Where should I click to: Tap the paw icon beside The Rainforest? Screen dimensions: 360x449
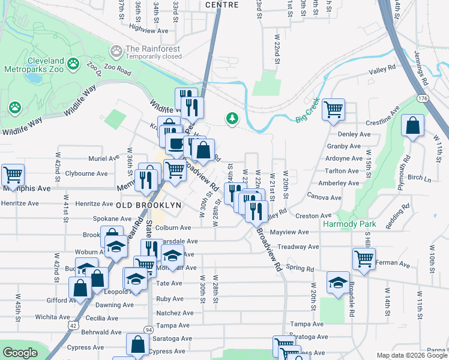(x=116, y=49)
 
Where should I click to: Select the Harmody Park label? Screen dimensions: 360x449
(x=349, y=224)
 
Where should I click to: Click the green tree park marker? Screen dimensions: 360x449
(x=232, y=118)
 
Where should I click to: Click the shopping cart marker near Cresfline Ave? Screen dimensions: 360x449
(x=333, y=110)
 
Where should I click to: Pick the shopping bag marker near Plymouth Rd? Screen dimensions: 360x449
(x=412, y=126)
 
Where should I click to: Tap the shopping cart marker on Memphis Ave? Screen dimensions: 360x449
(x=13, y=175)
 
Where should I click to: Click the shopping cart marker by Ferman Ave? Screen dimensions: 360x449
(x=364, y=259)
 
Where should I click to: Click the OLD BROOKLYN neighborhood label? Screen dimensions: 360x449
(x=148, y=205)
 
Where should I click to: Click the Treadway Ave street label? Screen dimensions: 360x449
(x=298, y=247)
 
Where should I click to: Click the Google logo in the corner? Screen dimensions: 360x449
(x=20, y=353)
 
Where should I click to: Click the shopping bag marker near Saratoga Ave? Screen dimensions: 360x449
(x=137, y=344)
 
